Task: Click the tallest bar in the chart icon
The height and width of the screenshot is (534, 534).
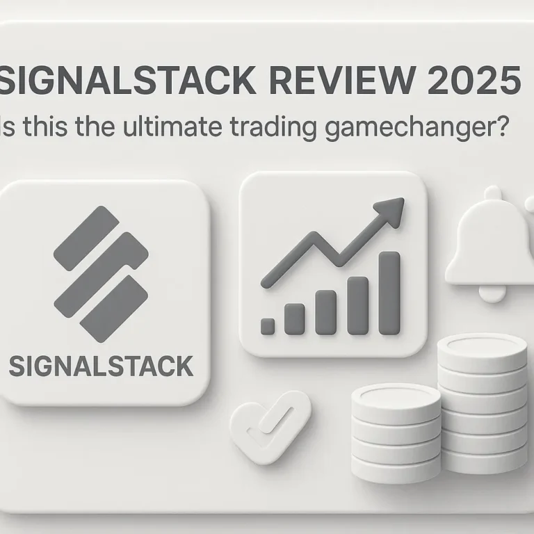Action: [389, 293]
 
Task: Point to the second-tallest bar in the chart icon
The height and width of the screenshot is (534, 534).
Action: [357, 305]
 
